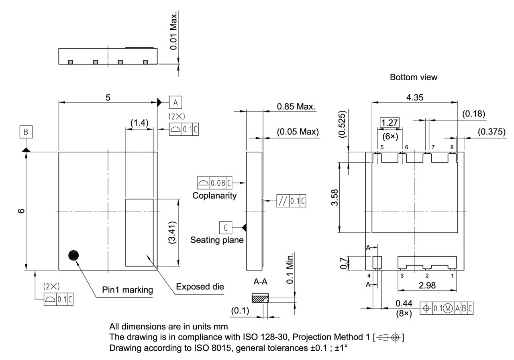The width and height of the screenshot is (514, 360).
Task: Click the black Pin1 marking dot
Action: (x=73, y=255)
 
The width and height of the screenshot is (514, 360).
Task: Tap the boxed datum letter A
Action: (x=175, y=102)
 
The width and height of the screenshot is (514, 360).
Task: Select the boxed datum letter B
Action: (x=25, y=132)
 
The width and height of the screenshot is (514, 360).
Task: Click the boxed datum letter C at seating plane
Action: (x=225, y=228)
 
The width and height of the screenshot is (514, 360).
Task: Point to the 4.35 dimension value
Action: (x=414, y=98)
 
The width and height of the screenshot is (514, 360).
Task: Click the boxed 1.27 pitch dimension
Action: (x=390, y=122)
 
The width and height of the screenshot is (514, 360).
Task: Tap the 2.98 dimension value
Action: (x=427, y=285)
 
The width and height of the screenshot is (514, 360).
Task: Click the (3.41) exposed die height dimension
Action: (x=172, y=232)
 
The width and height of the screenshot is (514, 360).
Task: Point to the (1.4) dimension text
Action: (x=139, y=123)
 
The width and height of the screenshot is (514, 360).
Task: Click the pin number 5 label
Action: (x=382, y=148)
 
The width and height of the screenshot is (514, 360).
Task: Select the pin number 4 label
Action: (x=368, y=276)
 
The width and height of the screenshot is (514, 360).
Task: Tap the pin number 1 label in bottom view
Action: (x=452, y=276)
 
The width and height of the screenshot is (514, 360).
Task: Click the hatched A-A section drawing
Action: (x=259, y=299)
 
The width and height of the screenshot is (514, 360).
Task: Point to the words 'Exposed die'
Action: (x=200, y=287)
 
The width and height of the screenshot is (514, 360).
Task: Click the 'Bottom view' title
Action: (x=413, y=77)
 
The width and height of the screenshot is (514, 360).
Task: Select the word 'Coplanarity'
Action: (x=214, y=196)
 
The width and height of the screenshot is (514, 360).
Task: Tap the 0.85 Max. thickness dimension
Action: (x=296, y=107)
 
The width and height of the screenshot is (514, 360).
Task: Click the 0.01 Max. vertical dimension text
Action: (x=173, y=31)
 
